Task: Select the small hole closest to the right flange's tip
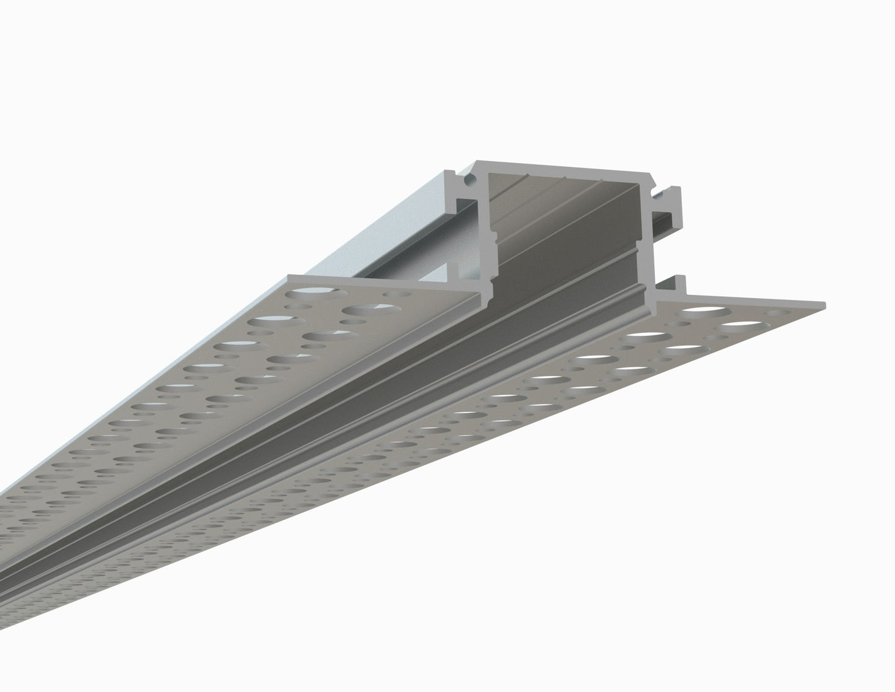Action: [x=774, y=313]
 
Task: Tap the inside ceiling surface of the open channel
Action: [x=557, y=192]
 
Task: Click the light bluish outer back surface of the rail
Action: [x=396, y=229]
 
